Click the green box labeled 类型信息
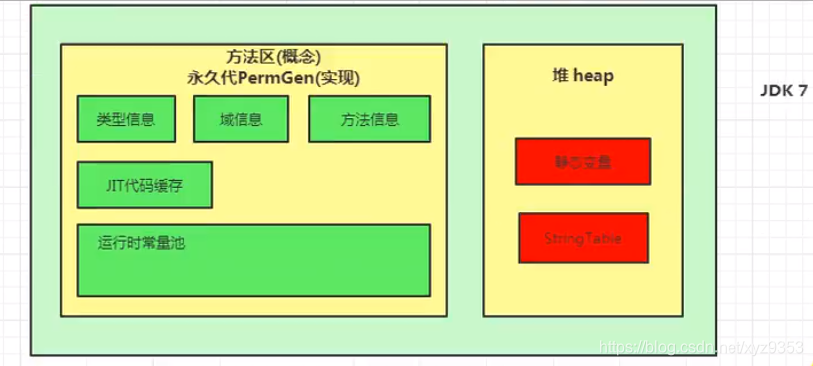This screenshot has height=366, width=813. click(x=126, y=119)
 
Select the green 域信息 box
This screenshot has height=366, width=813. click(x=241, y=119)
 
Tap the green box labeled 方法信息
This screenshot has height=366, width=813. click(x=369, y=119)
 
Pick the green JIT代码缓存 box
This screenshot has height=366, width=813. click(x=144, y=184)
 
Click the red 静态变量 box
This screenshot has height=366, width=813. click(x=582, y=162)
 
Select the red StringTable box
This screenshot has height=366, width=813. click(x=582, y=239)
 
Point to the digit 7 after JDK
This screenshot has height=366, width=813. click(x=802, y=90)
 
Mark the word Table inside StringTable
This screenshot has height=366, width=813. click(x=602, y=239)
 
